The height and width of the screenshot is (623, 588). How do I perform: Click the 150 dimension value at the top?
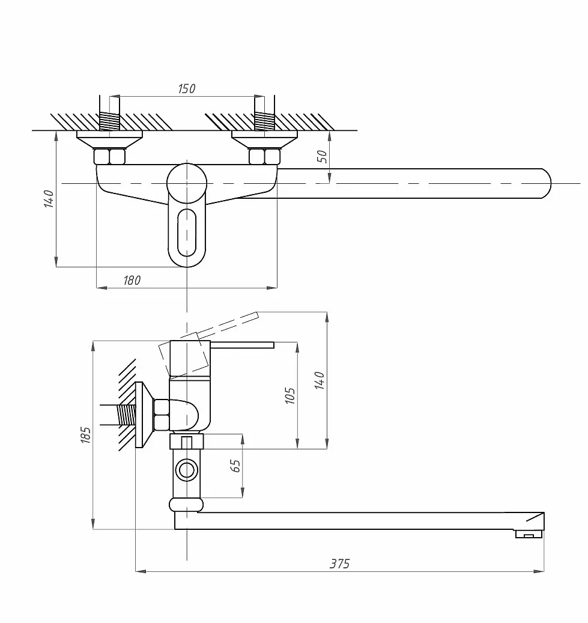coord(186,88)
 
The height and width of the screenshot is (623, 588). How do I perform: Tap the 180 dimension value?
coord(132,281)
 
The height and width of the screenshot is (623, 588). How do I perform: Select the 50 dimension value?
coord(323,156)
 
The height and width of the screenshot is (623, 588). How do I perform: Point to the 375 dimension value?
coord(340,564)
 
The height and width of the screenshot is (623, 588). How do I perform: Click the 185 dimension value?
coord(85,435)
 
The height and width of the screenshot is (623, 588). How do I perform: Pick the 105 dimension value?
coord(290,396)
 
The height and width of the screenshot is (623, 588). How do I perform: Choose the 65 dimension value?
coord(235,466)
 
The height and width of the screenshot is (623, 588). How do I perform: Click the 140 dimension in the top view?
coord(49,199)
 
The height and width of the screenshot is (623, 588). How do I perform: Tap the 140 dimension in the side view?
coord(320,380)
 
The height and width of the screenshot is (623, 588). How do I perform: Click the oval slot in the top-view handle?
coord(187,232)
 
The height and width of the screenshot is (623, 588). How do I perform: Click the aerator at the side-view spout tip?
coord(529,534)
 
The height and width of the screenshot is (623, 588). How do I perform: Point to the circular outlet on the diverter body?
coord(186,470)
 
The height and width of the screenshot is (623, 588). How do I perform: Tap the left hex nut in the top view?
coord(110,156)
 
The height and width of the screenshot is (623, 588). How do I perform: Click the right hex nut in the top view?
coord(265,156)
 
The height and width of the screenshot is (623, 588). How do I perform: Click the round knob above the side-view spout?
coord(186,505)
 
